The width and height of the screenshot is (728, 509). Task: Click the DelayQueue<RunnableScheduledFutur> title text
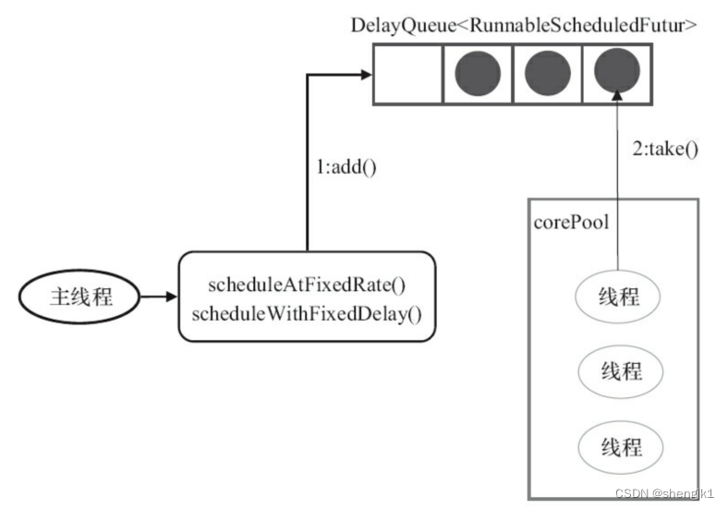[x=524, y=25]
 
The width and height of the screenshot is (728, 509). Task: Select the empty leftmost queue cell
[x=408, y=74]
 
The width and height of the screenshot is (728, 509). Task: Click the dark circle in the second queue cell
[x=478, y=74]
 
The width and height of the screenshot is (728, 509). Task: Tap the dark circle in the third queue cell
[x=548, y=74]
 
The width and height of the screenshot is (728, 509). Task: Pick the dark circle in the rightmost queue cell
[x=617, y=70]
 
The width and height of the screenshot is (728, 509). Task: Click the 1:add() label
[x=346, y=167]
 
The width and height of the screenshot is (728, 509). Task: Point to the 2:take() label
[x=665, y=149]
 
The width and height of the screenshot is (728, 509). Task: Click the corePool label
[x=571, y=223]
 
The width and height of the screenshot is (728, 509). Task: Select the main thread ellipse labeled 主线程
[x=79, y=297]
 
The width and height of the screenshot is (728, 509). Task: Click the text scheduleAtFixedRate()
[x=307, y=285]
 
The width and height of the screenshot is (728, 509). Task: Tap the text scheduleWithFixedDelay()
[x=307, y=314]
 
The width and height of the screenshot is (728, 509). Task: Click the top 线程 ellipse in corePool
[x=618, y=297]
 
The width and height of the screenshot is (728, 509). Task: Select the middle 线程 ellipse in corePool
[x=621, y=371]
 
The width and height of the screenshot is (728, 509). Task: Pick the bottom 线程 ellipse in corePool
[x=621, y=447]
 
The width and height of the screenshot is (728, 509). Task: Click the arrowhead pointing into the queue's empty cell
[x=367, y=74]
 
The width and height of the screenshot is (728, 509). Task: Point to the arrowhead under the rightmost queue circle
[x=617, y=95]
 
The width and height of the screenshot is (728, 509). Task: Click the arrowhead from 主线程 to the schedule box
[x=171, y=297]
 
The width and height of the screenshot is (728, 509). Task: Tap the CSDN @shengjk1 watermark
[x=664, y=493]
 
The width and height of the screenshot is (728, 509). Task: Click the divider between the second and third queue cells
[x=513, y=74]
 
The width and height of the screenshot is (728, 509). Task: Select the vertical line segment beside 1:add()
[x=308, y=163]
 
